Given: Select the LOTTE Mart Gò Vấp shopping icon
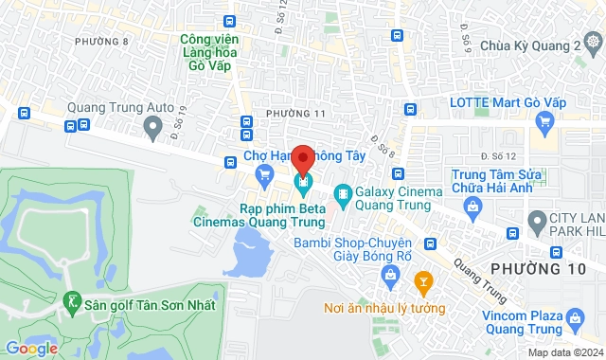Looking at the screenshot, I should click(544, 121).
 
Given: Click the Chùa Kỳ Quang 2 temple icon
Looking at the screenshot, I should click(593, 44).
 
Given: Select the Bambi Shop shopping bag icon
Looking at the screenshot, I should click(388, 275).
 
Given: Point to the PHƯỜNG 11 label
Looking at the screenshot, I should click(295, 114).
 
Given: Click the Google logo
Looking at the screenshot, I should click(31, 349).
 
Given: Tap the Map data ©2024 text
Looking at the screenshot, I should click(564, 352).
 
